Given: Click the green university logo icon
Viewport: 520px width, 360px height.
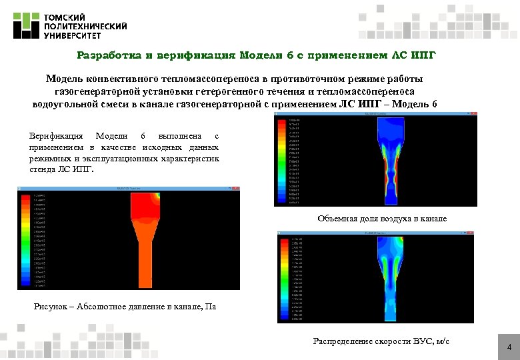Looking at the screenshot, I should click(26, 25).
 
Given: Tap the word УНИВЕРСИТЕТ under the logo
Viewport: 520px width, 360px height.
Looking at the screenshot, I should click(69, 35).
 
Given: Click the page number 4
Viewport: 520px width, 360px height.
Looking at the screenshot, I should click(509, 348).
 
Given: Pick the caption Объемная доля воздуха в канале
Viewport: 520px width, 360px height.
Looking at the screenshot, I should click(382, 219).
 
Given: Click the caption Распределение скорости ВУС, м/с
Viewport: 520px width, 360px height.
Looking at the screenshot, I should click(381, 341).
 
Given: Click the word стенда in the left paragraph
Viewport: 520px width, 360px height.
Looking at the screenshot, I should click(43, 169).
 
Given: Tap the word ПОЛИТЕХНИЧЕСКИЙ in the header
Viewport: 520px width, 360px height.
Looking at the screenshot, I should click(85, 26).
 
